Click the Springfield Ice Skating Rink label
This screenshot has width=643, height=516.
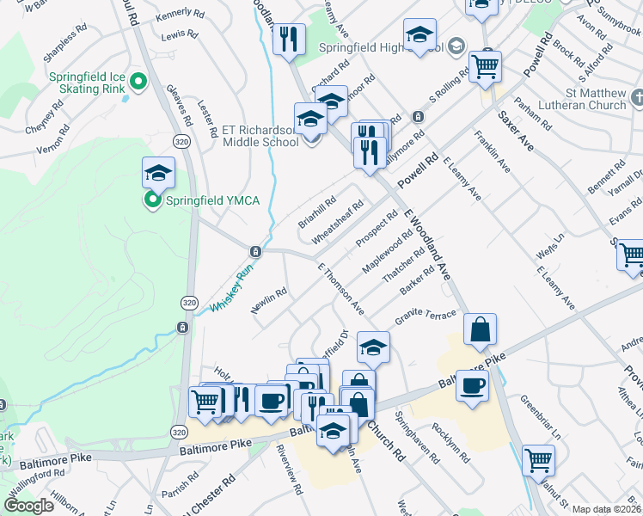click(89, 83)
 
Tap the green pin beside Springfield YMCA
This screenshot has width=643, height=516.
click(153, 201)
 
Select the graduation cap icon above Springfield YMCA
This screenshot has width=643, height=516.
click(158, 174)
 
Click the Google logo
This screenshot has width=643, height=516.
click(28, 505)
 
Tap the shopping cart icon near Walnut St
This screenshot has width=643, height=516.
click(538, 460)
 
